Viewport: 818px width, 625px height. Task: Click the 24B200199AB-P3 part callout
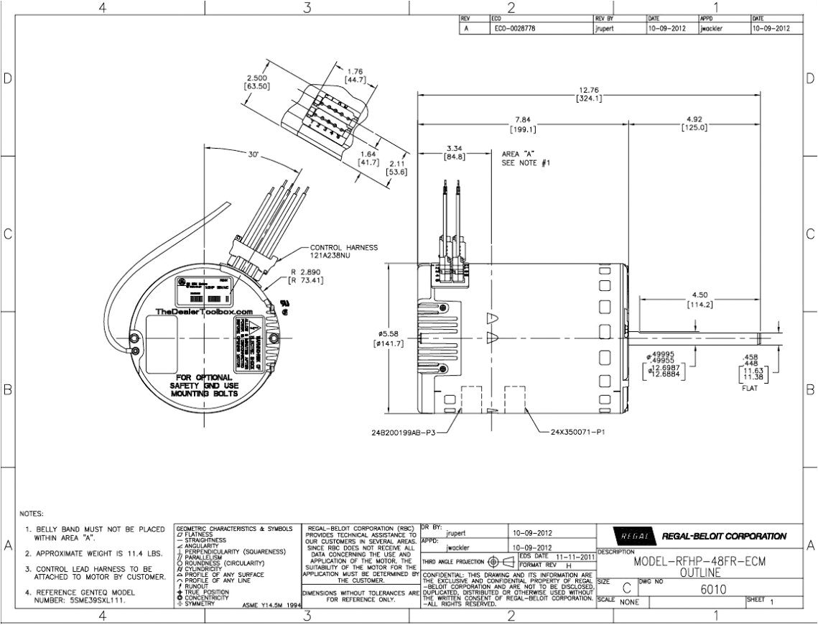pos(402,433)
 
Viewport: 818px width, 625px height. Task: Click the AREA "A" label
pos(518,154)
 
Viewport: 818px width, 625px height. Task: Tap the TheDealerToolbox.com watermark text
pos(204,312)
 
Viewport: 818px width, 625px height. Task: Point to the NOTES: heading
pos(32,514)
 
